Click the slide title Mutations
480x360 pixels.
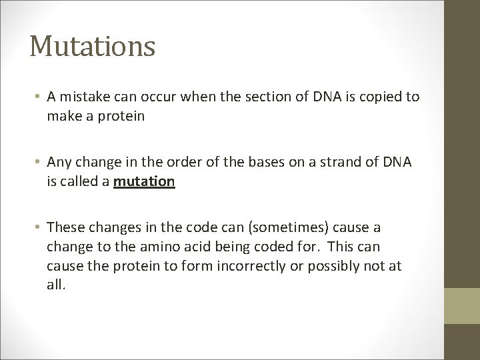click(x=93, y=47)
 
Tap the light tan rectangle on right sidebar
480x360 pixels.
click(x=463, y=304)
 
